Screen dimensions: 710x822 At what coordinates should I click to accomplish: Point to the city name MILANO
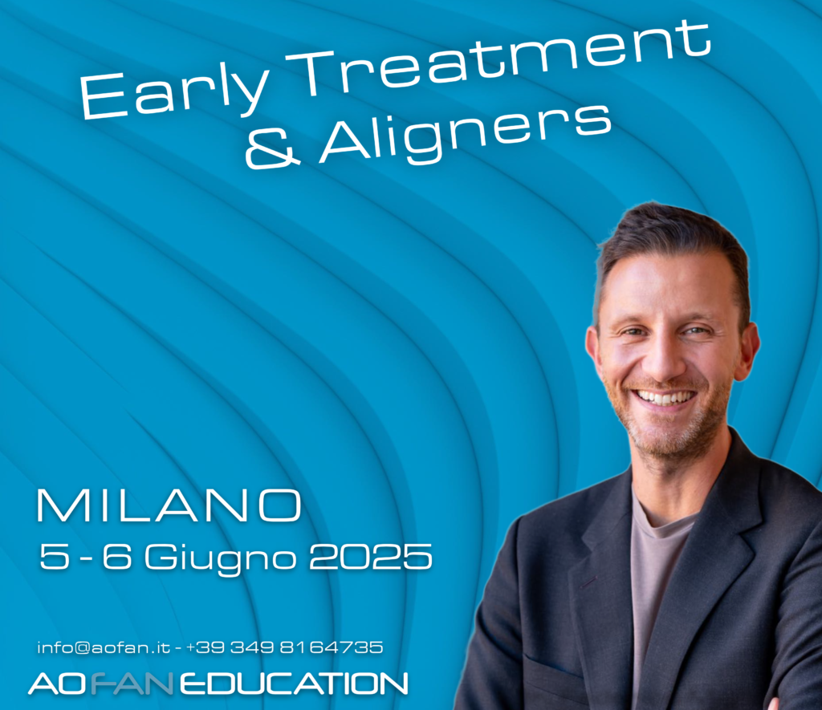[169, 505]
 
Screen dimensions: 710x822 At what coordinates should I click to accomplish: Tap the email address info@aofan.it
[104, 647]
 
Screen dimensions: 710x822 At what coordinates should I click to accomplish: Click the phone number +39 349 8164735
[284, 647]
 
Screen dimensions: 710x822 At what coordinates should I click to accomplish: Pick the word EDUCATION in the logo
[294, 684]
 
